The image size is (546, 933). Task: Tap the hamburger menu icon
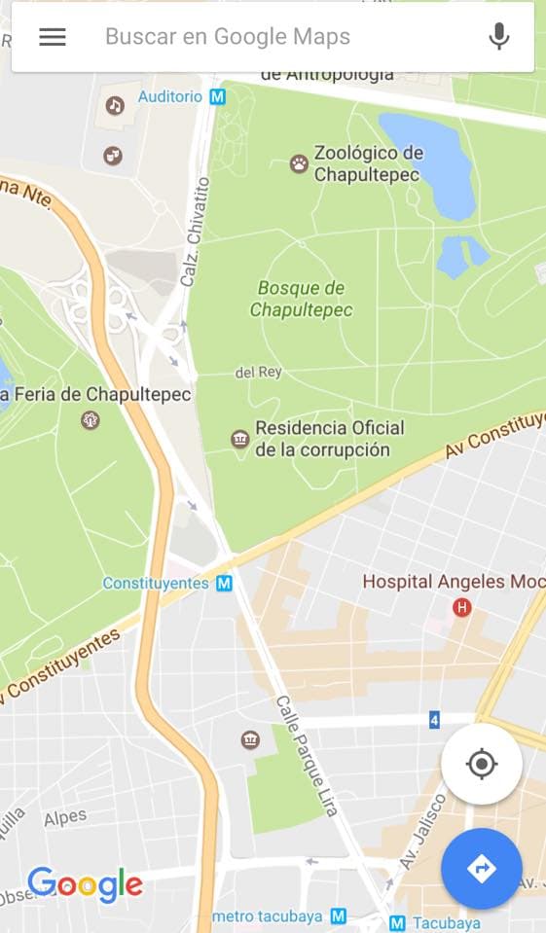(53, 37)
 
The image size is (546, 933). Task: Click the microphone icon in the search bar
(499, 37)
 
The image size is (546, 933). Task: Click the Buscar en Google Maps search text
(228, 37)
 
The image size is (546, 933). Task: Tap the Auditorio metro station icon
(218, 97)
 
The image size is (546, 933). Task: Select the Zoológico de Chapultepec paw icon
(299, 163)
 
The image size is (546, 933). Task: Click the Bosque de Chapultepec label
(301, 299)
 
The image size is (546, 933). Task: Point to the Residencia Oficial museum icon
(240, 440)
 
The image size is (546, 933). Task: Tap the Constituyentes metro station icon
(225, 584)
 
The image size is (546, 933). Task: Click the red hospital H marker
(462, 608)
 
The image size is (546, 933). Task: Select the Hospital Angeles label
(434, 582)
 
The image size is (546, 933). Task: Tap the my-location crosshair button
(482, 764)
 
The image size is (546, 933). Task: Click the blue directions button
(482, 869)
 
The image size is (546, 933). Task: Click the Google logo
(85, 884)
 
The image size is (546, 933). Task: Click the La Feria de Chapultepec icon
(91, 420)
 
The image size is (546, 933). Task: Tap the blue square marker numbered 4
(434, 720)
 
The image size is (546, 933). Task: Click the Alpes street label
(65, 818)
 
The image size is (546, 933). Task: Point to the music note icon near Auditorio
(115, 105)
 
